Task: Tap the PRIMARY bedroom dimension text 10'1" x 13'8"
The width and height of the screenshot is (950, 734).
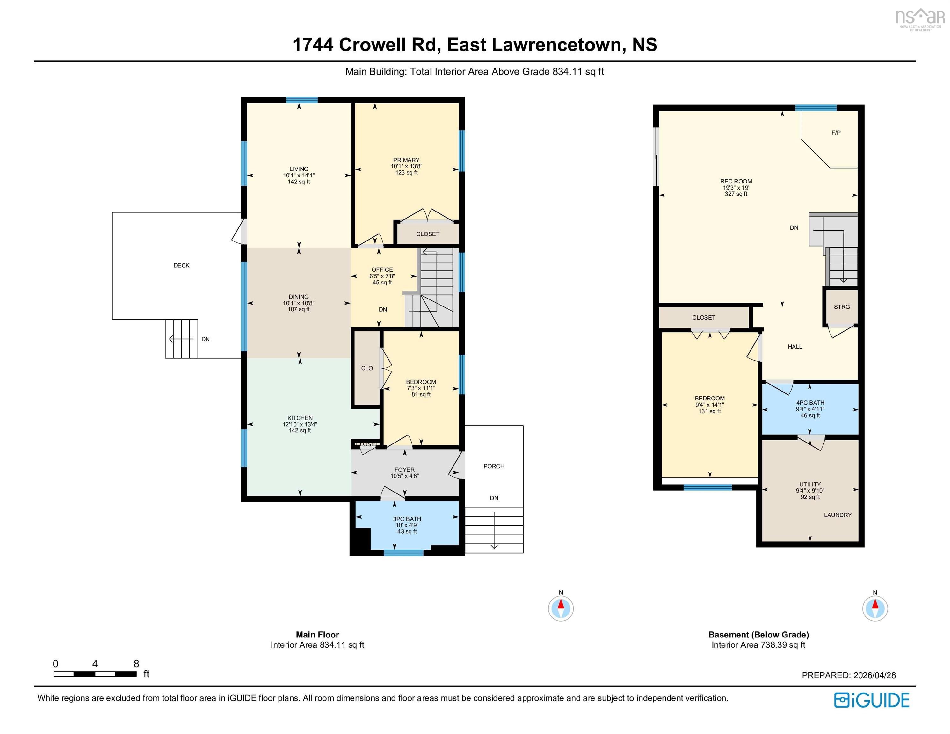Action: tap(406, 166)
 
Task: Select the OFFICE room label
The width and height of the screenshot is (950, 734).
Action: tap(382, 270)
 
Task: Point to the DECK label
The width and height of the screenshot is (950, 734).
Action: tap(181, 265)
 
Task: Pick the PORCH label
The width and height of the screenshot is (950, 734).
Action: tap(494, 466)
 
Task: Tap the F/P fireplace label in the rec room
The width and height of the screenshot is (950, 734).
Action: tap(836, 133)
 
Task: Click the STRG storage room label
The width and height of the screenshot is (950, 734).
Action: tap(841, 306)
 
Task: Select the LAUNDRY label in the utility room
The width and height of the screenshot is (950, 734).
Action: tap(837, 515)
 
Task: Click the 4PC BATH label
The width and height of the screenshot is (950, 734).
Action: tap(810, 403)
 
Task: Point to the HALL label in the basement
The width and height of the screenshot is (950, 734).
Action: tap(795, 347)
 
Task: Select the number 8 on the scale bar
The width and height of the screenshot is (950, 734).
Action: tap(136, 664)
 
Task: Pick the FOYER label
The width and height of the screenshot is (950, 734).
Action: tap(404, 470)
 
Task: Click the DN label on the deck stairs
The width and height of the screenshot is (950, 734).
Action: tap(205, 339)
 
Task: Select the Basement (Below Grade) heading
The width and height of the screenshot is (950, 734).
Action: tap(758, 634)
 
